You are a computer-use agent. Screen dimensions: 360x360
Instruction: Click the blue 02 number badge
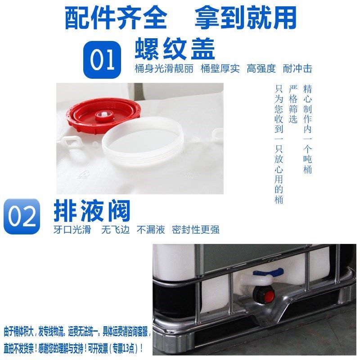click(x=22, y=216)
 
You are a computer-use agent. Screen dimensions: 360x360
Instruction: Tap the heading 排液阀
click(x=92, y=210)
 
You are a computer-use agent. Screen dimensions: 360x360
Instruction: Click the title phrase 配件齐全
click(x=116, y=18)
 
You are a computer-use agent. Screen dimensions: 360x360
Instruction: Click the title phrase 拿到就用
click(x=246, y=18)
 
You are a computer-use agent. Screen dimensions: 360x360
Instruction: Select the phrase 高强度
click(x=261, y=69)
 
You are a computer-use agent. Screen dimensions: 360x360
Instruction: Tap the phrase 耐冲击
click(x=297, y=69)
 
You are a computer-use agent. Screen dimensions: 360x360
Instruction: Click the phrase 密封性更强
click(x=196, y=229)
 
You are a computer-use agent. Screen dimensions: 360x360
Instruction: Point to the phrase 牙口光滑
click(x=72, y=229)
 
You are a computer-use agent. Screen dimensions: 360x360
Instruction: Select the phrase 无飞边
click(x=115, y=229)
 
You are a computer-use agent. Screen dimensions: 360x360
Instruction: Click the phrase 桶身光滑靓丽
click(x=165, y=69)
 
